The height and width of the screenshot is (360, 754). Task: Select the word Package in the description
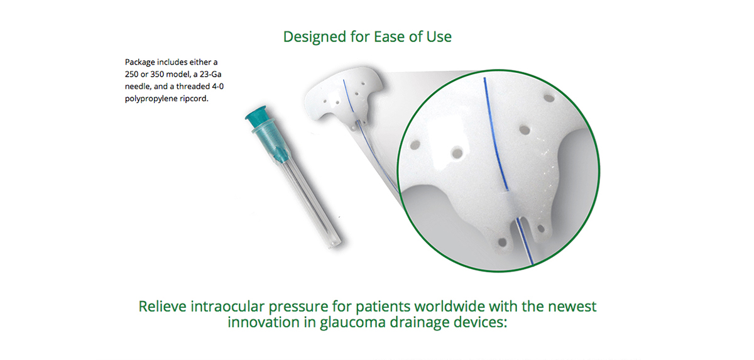139,63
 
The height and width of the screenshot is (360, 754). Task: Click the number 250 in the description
131,74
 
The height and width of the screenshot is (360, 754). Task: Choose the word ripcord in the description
194,99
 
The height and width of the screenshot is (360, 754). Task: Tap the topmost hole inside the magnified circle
549,98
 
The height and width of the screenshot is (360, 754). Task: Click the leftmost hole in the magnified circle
415,145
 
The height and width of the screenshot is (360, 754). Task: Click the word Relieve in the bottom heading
162,307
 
